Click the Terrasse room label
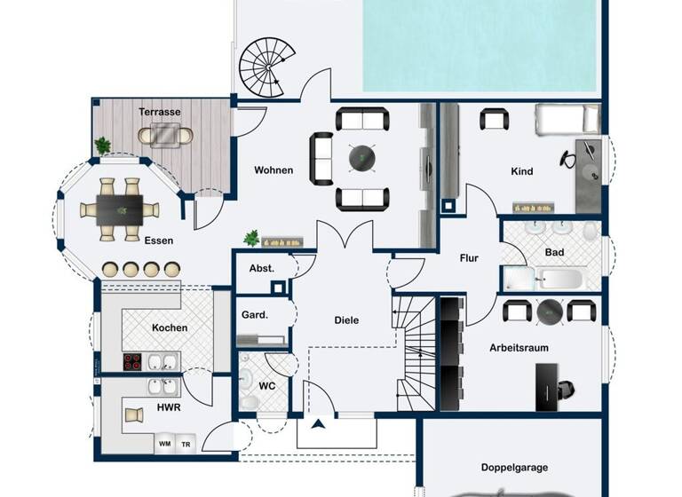160,112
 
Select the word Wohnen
274,170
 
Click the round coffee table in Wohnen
361,158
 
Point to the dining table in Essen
120,210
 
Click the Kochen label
170,327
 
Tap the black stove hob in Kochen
133,361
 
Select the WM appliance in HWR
164,444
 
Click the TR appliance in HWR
186,444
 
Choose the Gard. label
255,314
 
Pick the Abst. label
261,268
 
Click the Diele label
346,320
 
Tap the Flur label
469,258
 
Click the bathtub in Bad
543,280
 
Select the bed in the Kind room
568,119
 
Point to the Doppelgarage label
514,467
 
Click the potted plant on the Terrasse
103,146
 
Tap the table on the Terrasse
165,135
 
